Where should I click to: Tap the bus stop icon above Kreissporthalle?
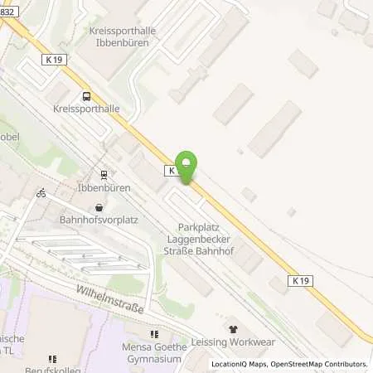click(x=87, y=94)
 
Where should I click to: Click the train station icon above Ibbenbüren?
click(x=104, y=175)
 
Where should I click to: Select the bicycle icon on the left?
click(x=41, y=193)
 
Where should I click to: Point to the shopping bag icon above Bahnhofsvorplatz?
click(x=99, y=208)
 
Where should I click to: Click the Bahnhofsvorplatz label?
click(x=99, y=220)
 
